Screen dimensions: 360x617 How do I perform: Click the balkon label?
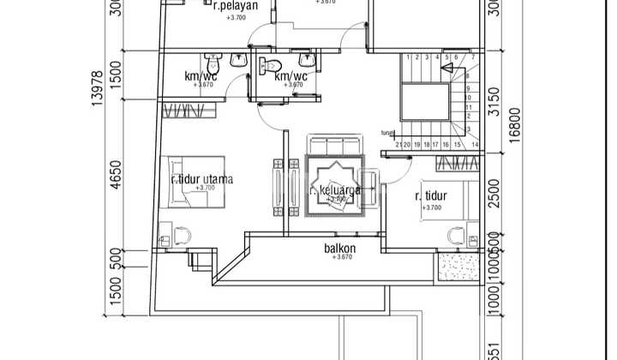(340, 249)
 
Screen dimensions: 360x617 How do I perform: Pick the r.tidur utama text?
(201, 180)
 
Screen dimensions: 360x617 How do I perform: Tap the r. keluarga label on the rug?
(335, 190)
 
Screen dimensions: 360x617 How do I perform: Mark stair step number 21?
(399, 145)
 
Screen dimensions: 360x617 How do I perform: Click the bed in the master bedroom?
(196, 181)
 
